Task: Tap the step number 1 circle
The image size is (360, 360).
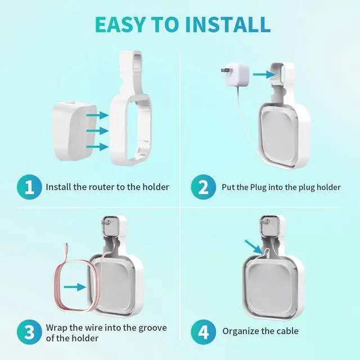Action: [28, 187]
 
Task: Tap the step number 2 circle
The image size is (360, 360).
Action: [201, 187]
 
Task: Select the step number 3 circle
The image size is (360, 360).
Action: [28, 331]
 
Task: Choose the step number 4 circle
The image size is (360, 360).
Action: [201, 331]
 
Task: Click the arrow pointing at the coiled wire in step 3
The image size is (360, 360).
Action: [74, 287]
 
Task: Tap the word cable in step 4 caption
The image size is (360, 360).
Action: [287, 331]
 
